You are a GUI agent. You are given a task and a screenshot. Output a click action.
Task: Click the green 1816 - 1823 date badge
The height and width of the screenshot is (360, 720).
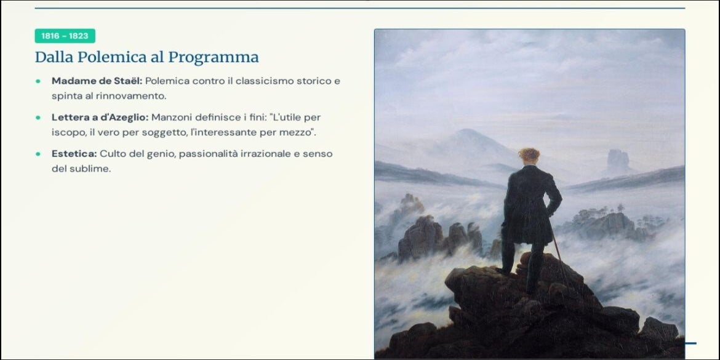click(65, 36)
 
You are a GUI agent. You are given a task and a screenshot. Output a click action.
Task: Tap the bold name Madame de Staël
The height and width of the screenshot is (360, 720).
click(97, 81)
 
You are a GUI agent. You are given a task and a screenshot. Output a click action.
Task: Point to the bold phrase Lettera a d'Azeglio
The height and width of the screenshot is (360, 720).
click(100, 117)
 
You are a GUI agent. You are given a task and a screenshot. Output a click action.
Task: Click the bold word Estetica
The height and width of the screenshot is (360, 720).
click(74, 153)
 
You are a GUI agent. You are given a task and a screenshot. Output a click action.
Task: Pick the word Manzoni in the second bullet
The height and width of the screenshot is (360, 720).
click(171, 117)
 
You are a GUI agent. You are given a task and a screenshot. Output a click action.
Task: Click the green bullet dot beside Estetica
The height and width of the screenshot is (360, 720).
click(38, 154)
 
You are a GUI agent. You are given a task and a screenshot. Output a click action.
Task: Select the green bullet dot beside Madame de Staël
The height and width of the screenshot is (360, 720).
click(38, 81)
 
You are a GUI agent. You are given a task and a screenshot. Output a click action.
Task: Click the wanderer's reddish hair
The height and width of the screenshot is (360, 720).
click(529, 154)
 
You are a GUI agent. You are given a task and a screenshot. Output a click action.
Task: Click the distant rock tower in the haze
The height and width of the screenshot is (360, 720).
click(618, 161)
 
